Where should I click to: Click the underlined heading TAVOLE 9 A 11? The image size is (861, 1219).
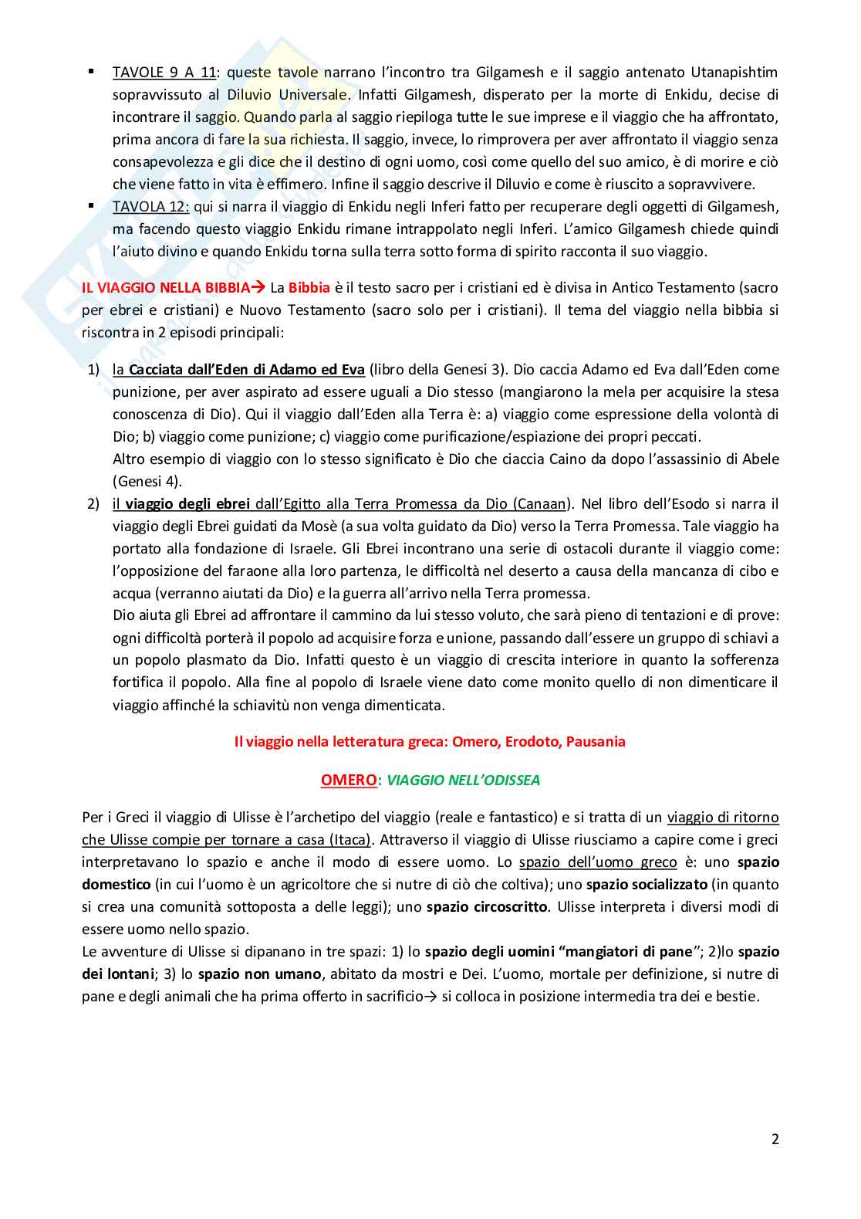[164, 73]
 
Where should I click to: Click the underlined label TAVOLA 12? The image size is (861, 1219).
[150, 207]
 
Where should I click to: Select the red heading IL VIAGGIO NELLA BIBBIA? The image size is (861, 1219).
[166, 288]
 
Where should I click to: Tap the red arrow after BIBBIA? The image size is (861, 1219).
[258, 288]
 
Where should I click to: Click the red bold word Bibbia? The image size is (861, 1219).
[309, 288]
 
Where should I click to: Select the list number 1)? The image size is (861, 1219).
[93, 370]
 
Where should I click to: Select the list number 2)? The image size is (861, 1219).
[93, 504]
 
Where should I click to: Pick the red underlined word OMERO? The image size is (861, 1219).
[349, 780]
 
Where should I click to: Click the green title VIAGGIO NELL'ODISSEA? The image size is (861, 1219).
[463, 780]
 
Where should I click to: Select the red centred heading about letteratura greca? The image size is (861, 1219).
[430, 742]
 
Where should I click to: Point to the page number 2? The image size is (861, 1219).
[775, 1139]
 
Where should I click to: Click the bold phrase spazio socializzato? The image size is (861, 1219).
[647, 885]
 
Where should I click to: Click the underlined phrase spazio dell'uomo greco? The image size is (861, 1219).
[598, 862]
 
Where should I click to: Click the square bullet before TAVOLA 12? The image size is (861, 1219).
[91, 206]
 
